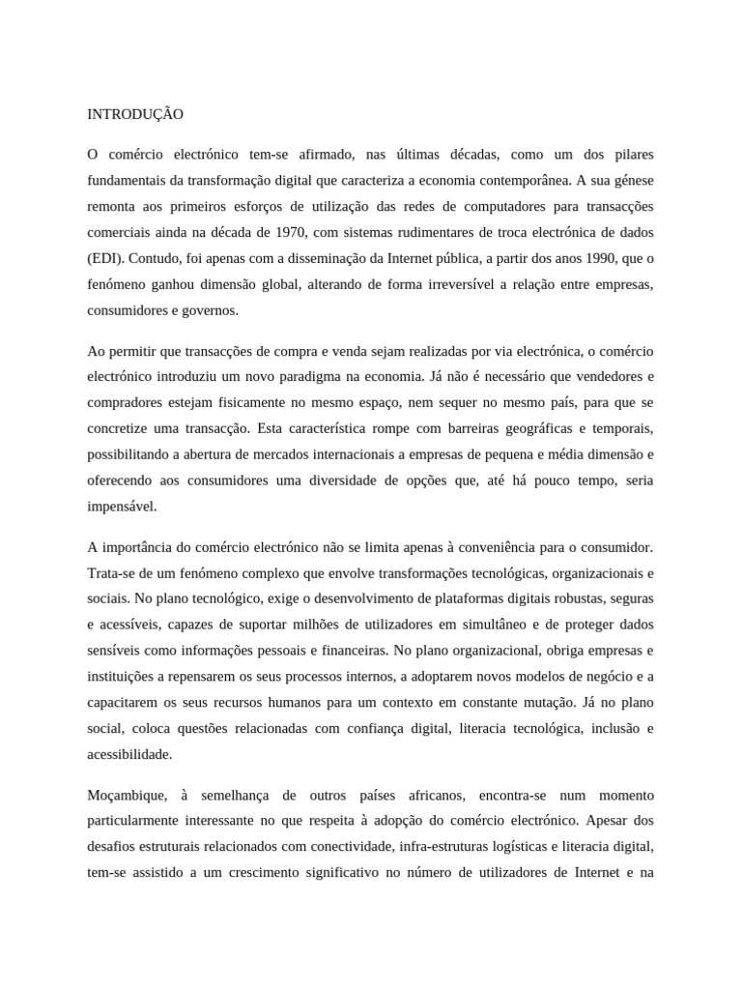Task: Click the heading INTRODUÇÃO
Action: tap(135, 114)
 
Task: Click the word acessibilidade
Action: tap(129, 753)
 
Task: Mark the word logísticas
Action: tap(518, 847)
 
